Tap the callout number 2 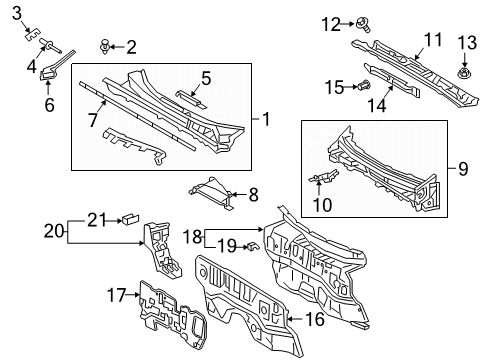click(131, 46)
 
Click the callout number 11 click(431, 39)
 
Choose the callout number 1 click(265, 120)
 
